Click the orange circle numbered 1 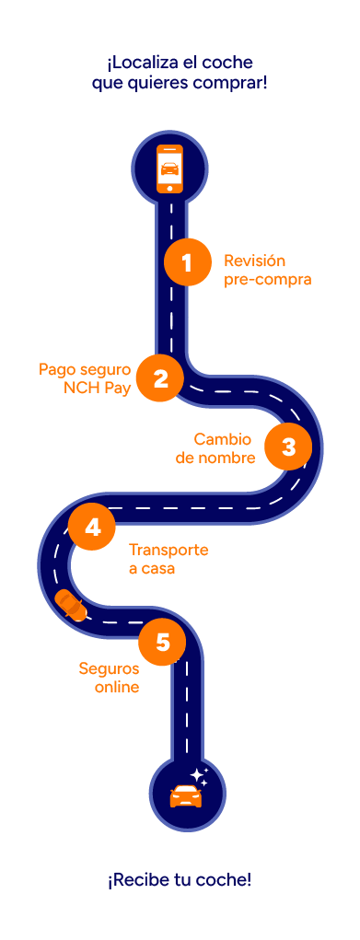coord(187,262)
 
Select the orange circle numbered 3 coord(288,447)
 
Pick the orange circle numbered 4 coord(92,528)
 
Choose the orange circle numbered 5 coord(163,642)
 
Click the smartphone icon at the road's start coord(169,168)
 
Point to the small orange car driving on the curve coord(72,605)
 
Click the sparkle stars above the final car coord(200,775)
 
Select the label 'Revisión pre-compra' coord(268,270)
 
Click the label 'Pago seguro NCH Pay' coord(85,378)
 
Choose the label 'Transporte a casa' coord(168,560)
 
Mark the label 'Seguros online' coord(109,677)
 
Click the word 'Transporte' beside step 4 coord(168,551)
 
